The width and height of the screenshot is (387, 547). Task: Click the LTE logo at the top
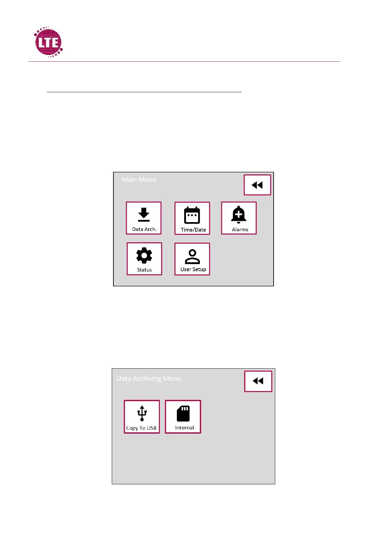(48, 42)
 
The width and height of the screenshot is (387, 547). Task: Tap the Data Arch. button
(144, 218)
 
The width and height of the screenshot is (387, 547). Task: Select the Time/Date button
(192, 218)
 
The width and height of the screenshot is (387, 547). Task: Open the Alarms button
(239, 218)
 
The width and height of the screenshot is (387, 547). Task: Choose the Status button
(144, 259)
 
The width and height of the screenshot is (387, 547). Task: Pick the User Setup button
(192, 259)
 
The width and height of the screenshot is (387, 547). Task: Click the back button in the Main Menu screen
(257, 185)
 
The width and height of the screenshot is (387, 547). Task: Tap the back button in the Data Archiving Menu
(258, 381)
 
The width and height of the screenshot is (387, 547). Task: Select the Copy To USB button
(142, 417)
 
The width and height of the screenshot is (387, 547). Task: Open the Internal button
(183, 417)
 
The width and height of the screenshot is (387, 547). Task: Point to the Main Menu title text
(139, 180)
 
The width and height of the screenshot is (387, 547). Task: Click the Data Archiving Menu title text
(149, 378)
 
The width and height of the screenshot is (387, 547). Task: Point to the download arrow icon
(144, 214)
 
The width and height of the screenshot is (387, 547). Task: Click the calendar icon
(192, 215)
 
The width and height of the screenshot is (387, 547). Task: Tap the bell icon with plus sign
(239, 214)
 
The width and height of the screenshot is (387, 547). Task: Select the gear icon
(144, 256)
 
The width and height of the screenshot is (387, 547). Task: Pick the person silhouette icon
(192, 256)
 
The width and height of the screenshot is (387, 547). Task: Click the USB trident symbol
(142, 413)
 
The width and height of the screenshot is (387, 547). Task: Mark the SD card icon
(183, 413)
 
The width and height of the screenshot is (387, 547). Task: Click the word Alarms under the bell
(240, 230)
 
